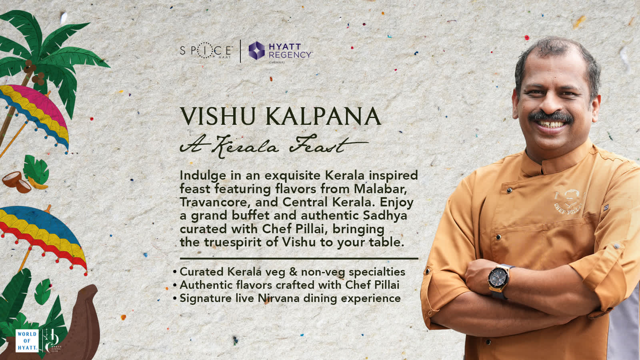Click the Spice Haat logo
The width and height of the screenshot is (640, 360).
[206, 51]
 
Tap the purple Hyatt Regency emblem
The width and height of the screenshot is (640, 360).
[256, 50]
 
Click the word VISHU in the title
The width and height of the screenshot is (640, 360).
[218, 116]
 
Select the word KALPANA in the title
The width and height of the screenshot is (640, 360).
[323, 116]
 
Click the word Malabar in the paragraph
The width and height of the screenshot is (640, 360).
[380, 188]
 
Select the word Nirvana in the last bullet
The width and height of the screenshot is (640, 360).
[278, 298]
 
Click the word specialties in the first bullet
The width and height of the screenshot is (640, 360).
[377, 272]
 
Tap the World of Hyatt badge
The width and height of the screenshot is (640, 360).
[27, 341]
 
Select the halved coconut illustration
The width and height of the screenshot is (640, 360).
[16, 181]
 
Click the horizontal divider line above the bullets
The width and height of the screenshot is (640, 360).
[299, 259]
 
